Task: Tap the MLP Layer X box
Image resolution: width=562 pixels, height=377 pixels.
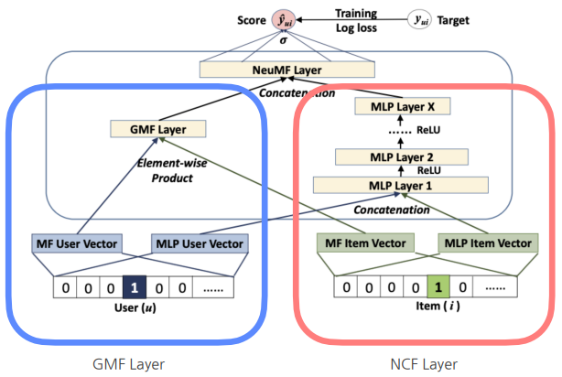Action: [x=399, y=107]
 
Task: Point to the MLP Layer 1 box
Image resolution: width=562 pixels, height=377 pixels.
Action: [x=398, y=187]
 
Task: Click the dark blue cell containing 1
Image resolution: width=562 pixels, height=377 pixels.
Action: [x=133, y=285]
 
